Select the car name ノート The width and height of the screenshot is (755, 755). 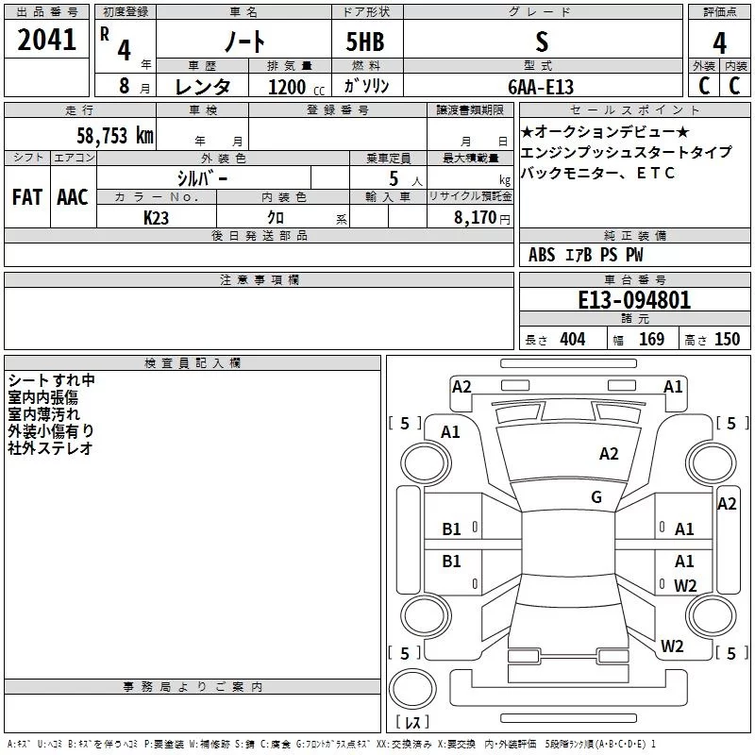click(243, 42)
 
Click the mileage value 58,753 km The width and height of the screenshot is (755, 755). click(114, 135)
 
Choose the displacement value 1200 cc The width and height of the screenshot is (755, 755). click(294, 87)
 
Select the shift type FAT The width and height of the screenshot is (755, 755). click(26, 197)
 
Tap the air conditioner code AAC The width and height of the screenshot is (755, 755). click(72, 197)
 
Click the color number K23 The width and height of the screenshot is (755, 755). click(157, 217)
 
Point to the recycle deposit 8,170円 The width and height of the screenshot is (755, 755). click(479, 217)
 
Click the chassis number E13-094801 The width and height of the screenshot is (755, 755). click(634, 300)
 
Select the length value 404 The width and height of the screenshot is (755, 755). click(572, 340)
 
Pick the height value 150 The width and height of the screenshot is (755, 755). click(727, 340)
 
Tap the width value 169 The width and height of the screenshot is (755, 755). click(651, 340)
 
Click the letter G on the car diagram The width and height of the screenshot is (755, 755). click(596, 497)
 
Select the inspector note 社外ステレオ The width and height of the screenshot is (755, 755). click(51, 448)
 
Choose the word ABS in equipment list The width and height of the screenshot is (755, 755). click(542, 255)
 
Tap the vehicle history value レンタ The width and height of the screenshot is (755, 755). click(204, 87)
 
